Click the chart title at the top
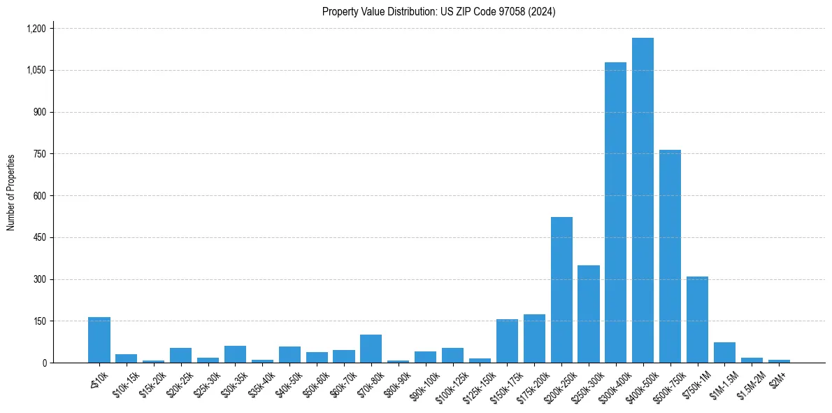click(x=438, y=11)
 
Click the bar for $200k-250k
click(x=561, y=290)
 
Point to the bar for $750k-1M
click(x=697, y=319)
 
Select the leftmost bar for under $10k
click(x=99, y=339)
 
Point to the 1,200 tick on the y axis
click(x=36, y=29)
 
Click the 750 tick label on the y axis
click(x=39, y=154)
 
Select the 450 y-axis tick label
click(x=39, y=237)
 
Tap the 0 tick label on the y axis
click(x=44, y=363)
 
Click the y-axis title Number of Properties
click(x=11, y=192)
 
